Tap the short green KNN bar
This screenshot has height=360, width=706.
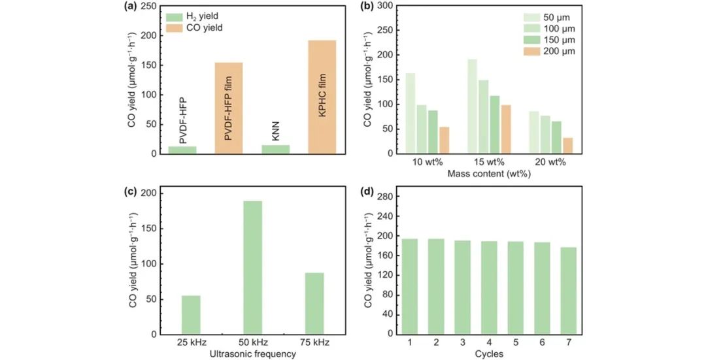(x=275, y=150)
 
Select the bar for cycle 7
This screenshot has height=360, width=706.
(x=568, y=290)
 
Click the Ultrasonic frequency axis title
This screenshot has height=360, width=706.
(x=252, y=354)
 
